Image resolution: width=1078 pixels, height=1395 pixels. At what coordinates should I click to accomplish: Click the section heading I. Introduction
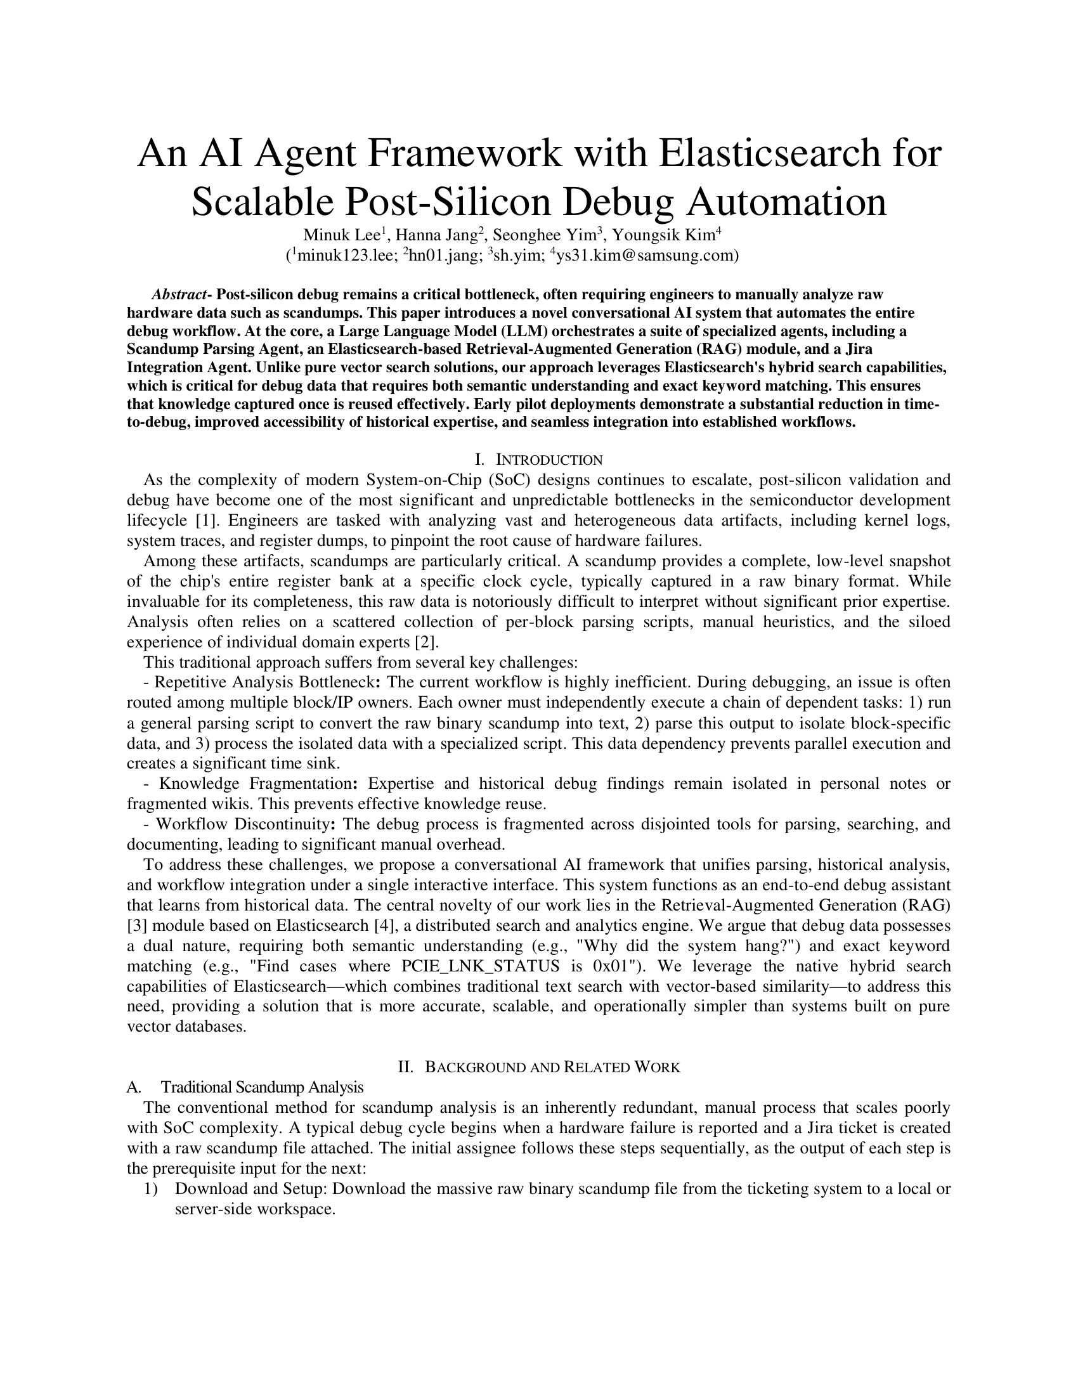pos(539,460)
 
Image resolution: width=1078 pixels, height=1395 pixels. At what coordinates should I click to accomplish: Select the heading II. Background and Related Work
pos(539,1067)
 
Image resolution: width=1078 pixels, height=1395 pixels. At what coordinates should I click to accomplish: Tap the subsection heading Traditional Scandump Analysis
pos(262,1087)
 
